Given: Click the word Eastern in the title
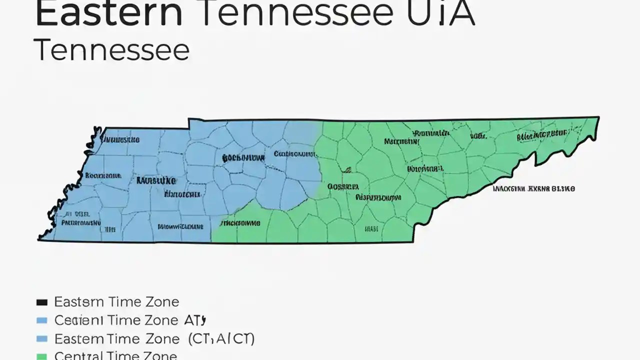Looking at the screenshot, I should pos(109,14).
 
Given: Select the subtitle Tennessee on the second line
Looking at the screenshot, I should pos(112,51).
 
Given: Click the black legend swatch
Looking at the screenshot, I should pos(42,302).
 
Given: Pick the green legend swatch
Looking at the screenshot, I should pos(42,356).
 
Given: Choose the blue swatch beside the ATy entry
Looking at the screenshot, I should pos(42,320).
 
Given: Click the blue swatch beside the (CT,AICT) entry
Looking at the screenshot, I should pos(42,339).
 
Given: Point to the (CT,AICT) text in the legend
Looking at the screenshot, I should pos(221,339).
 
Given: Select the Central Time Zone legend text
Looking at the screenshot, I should pos(115,355).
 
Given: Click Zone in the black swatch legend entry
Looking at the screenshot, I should pos(158,302).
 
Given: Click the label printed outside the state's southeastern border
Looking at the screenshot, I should pos(533,189).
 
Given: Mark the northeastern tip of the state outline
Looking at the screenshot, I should pos(598,117).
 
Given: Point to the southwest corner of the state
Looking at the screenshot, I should pos(39,239).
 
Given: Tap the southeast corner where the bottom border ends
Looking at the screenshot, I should pos(413,242).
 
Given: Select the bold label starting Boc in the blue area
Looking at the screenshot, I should pos(243,158).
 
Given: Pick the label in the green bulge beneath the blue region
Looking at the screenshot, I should pos(240,223).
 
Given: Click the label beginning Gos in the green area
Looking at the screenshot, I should pos(343,186).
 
